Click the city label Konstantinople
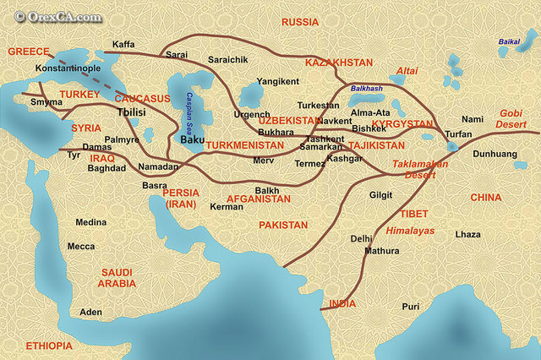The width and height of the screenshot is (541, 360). (x=68, y=67)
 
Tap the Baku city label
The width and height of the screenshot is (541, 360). (x=193, y=131)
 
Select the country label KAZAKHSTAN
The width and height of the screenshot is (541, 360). (x=338, y=63)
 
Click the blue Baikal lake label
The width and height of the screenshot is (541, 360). (x=509, y=41)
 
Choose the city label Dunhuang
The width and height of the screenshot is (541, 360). (x=494, y=155)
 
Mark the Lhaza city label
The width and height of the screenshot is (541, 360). (x=467, y=232)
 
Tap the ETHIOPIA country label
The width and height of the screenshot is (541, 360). (x=49, y=346)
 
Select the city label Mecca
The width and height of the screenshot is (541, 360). (x=81, y=246)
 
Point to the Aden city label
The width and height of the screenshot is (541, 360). (x=90, y=312)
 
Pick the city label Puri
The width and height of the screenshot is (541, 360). (x=411, y=306)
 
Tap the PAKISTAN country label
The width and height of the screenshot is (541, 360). (x=283, y=225)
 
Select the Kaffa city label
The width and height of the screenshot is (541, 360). (x=123, y=44)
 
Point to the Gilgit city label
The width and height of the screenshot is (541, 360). (x=380, y=194)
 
